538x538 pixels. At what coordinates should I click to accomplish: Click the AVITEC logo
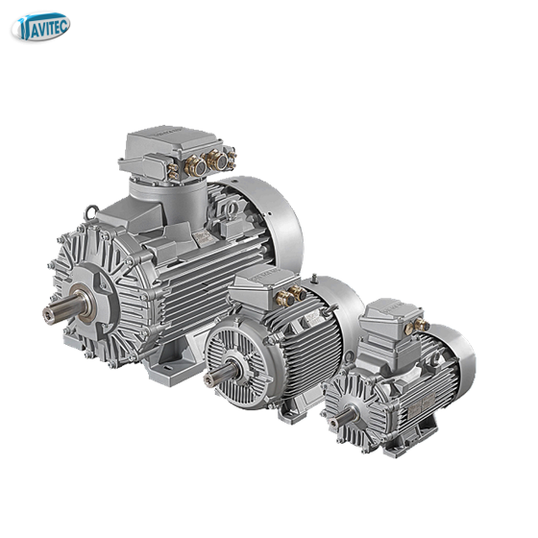[40, 27]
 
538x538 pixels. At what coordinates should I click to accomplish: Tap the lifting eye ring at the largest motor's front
[91, 212]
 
